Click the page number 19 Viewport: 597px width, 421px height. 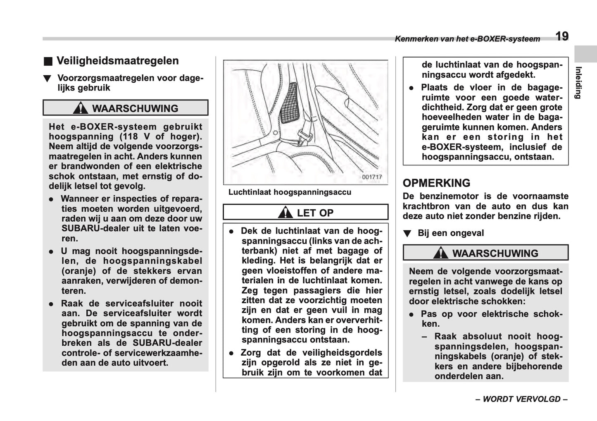[x=561, y=36]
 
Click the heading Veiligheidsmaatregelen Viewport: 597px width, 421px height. [x=117, y=61]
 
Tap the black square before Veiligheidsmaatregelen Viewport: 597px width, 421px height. [x=49, y=62]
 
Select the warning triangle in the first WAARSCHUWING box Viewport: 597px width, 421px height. [x=80, y=108]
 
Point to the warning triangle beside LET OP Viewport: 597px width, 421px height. [x=285, y=213]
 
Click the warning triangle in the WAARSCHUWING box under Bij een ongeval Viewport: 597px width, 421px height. [x=441, y=253]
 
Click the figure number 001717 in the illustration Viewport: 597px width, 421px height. [x=372, y=177]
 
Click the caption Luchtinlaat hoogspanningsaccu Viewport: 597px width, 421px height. [x=290, y=192]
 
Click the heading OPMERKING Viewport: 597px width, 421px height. [x=436, y=183]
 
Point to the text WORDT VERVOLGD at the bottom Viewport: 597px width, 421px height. [x=521, y=399]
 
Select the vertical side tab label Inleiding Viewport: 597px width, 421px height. [x=579, y=82]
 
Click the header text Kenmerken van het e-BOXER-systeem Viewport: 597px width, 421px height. [x=467, y=39]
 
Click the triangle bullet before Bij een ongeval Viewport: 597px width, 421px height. [x=407, y=234]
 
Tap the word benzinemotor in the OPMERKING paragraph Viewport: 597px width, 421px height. [x=454, y=196]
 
